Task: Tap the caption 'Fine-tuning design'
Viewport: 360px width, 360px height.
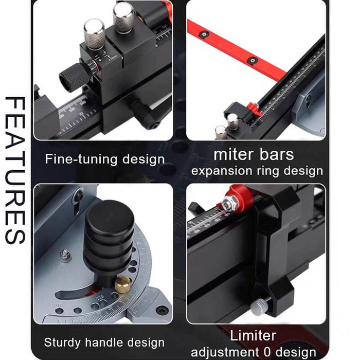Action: (x=104, y=159)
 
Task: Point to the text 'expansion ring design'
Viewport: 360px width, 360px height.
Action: (x=254, y=171)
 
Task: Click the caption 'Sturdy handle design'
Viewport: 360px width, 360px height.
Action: (x=104, y=342)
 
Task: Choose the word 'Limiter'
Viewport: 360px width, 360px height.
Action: (x=253, y=336)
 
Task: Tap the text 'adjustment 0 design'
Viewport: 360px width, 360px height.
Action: (x=254, y=352)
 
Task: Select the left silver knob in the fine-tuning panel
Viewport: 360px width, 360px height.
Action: (x=94, y=33)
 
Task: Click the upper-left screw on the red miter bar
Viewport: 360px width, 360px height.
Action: (x=204, y=34)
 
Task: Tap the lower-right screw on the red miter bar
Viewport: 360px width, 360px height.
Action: (x=252, y=60)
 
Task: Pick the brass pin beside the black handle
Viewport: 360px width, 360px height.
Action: (x=122, y=283)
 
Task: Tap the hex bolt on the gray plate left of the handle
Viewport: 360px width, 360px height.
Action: (x=65, y=254)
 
